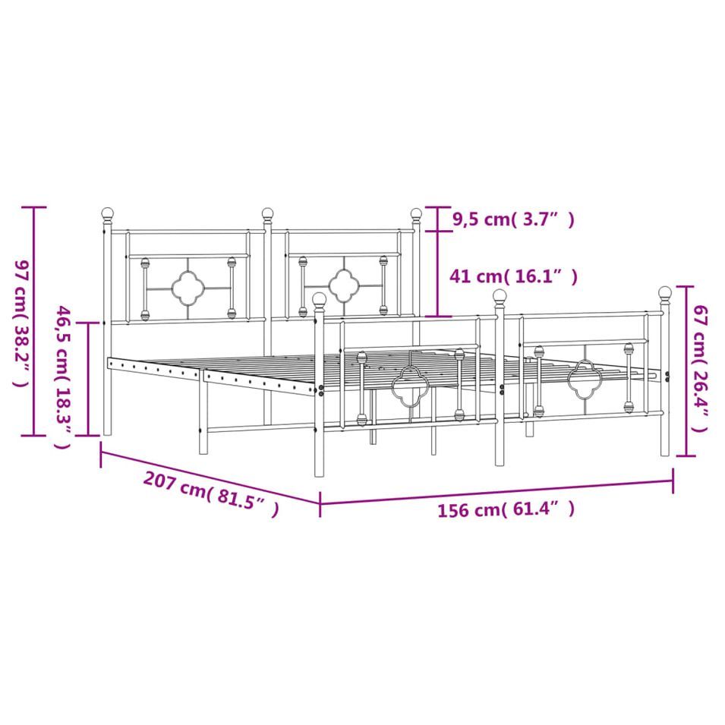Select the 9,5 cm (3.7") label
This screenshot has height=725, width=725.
click(513, 219)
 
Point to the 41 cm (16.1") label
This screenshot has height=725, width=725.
click(513, 276)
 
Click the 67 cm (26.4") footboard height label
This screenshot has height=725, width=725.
click(699, 368)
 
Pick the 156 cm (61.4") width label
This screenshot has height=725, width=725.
click(506, 509)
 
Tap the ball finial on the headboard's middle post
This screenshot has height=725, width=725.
click(267, 213)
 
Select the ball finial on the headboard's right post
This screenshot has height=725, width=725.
click(416, 213)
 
